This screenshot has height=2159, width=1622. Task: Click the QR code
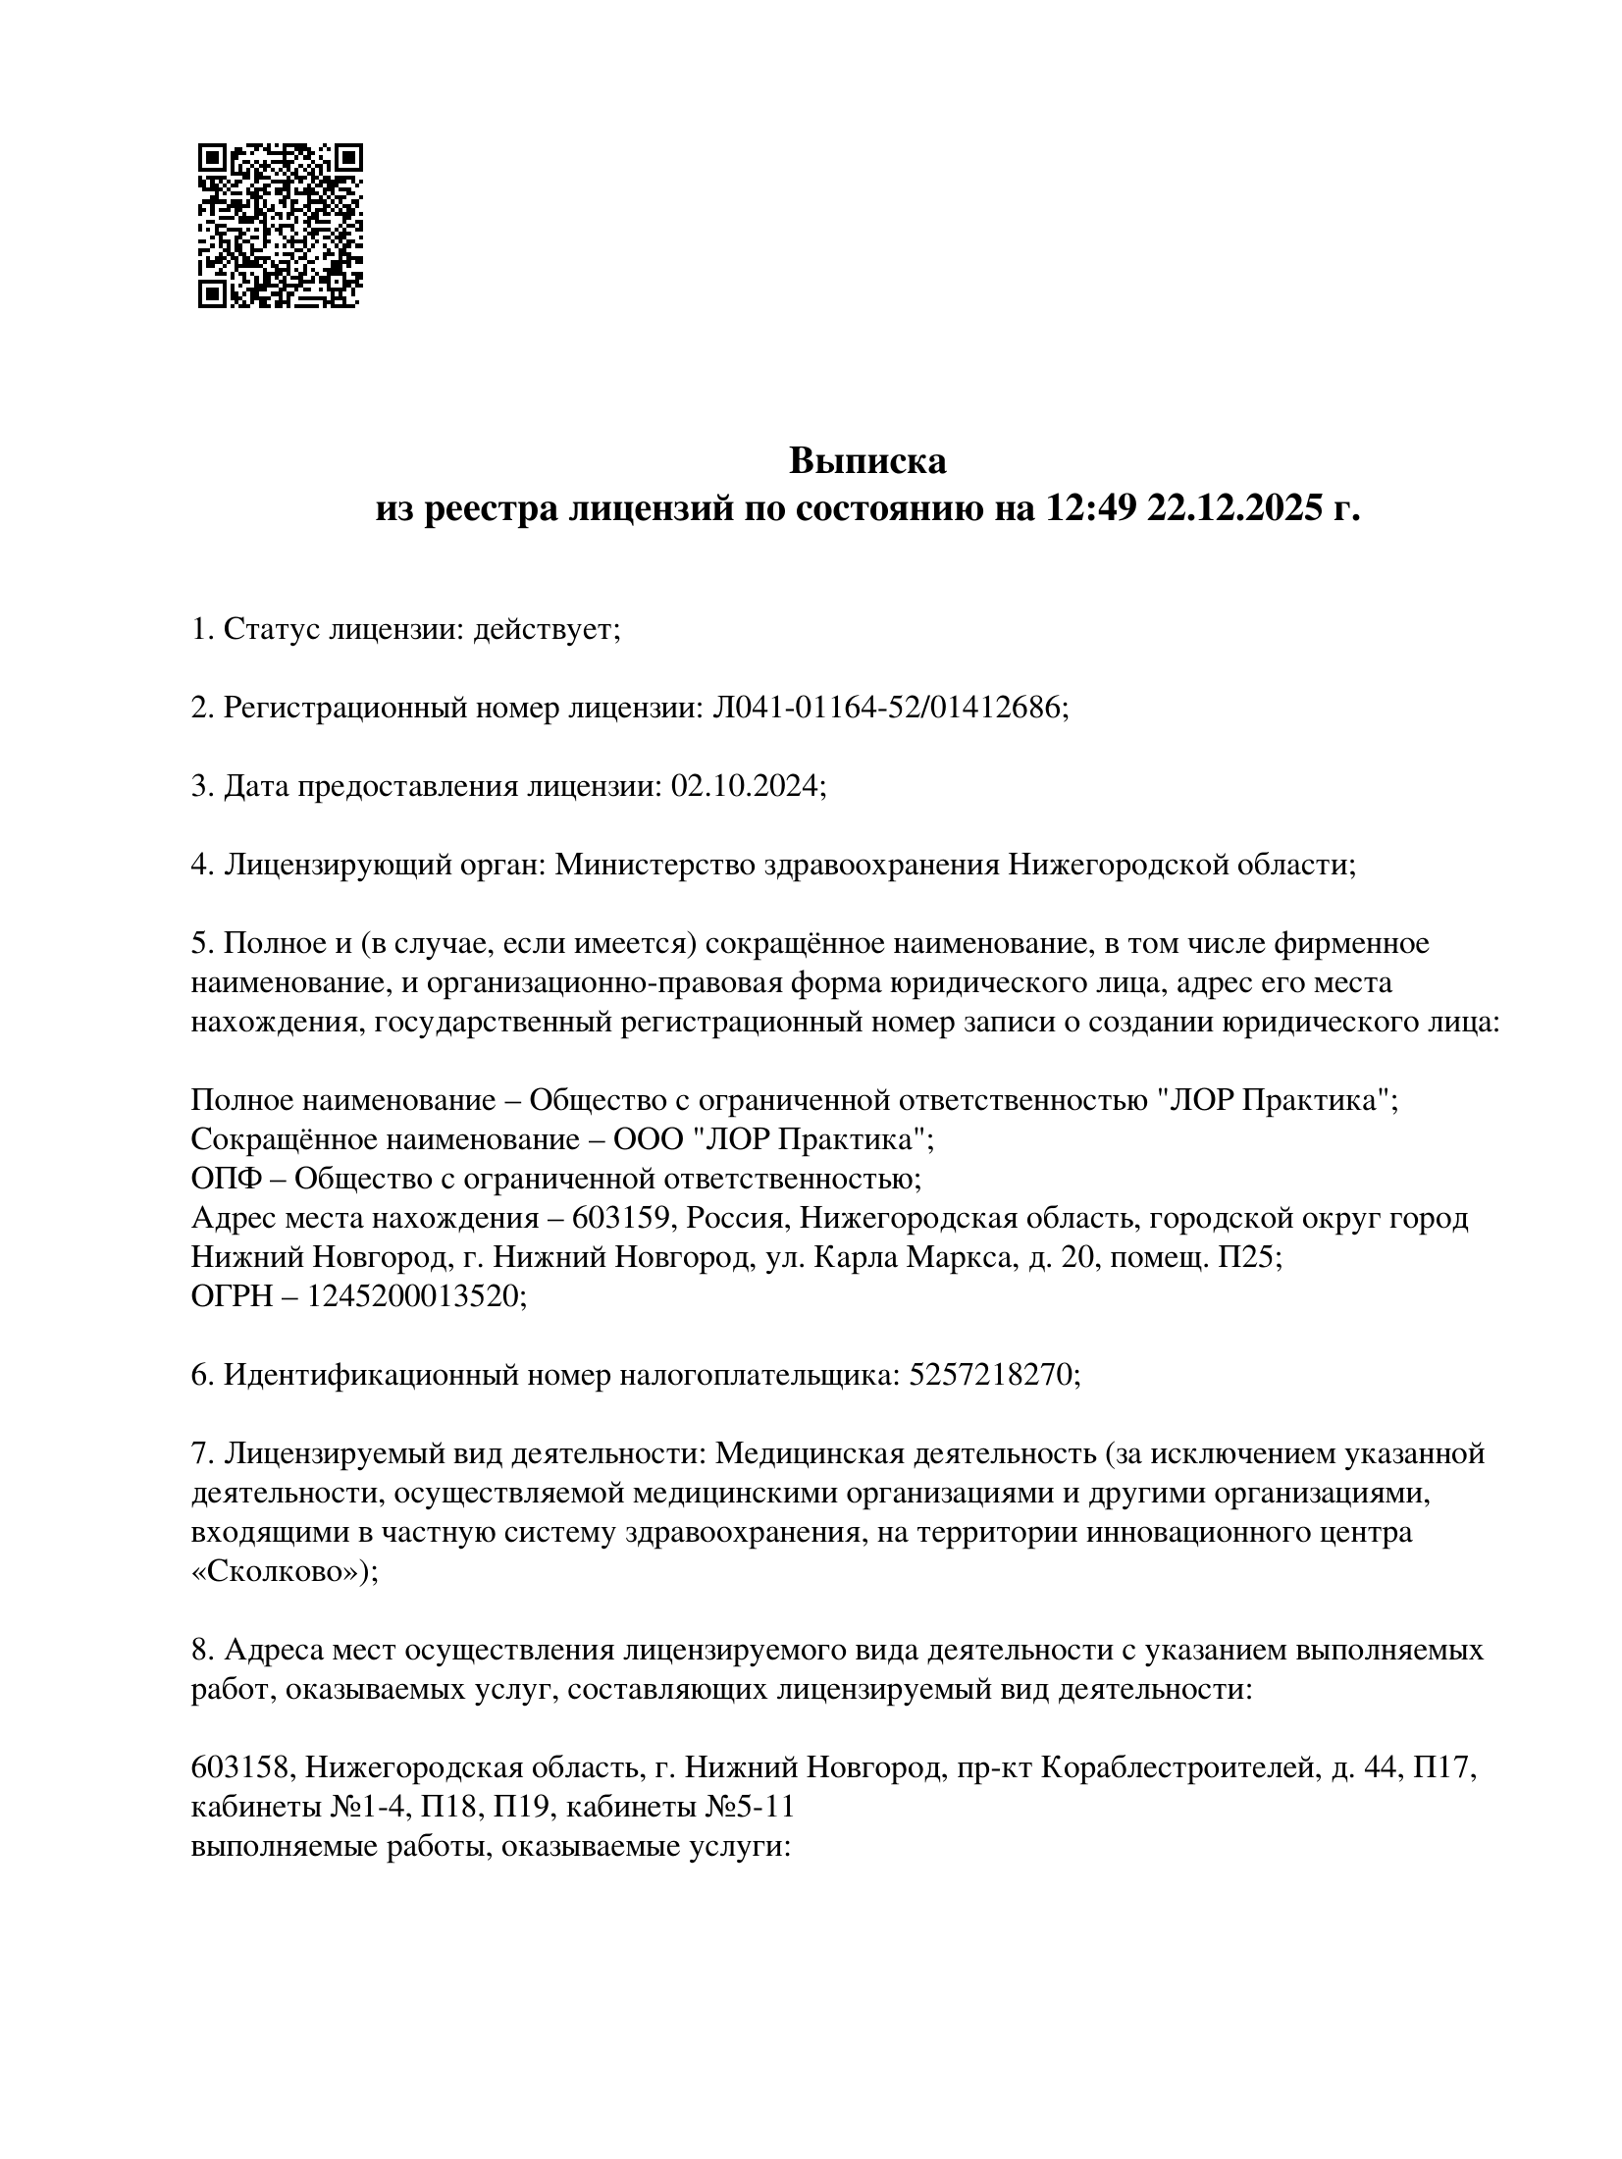click(x=280, y=226)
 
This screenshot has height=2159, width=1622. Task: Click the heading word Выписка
click(x=868, y=460)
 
